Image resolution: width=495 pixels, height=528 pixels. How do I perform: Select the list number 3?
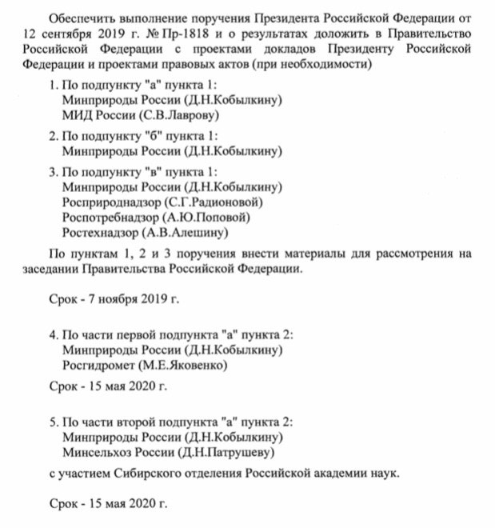point(52,171)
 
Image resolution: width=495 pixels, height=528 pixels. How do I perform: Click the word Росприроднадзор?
point(110,203)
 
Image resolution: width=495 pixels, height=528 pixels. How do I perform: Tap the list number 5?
point(52,421)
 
